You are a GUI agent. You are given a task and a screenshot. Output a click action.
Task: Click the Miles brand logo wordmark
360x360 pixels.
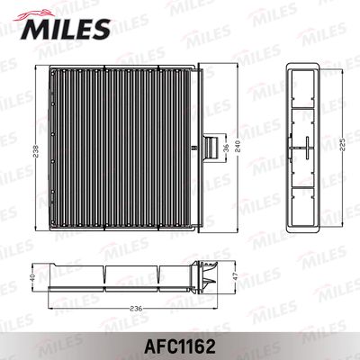coord(66,29)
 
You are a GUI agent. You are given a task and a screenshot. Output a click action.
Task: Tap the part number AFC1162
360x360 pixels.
coord(180,346)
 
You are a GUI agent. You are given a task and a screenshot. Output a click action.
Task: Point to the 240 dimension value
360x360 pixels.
coord(238,147)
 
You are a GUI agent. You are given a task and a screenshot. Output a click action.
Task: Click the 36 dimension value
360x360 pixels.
coord(227,148)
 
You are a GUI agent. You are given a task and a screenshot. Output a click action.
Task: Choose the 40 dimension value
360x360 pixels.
coord(32,277)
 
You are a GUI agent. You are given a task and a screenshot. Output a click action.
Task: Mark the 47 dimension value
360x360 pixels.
coord(236,276)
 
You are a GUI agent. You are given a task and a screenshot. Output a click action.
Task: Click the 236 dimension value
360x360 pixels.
coord(136,309)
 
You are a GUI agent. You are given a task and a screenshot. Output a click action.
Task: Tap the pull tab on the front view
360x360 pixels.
coord(211,148)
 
